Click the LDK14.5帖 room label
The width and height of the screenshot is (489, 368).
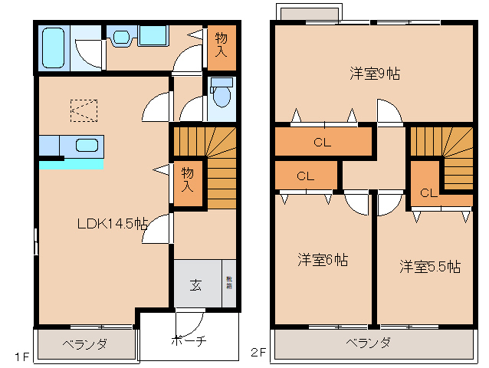(x=112, y=224)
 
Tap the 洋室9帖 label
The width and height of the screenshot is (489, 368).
(x=375, y=74)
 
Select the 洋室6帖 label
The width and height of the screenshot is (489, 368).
(x=323, y=259)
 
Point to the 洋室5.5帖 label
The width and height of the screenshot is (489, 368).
(x=429, y=267)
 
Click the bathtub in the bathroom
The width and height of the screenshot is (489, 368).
(x=54, y=48)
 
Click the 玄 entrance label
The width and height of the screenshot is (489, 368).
(x=195, y=285)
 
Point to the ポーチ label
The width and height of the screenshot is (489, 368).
(x=188, y=343)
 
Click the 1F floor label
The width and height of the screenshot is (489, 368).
(x=21, y=356)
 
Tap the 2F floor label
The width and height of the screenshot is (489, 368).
(x=259, y=353)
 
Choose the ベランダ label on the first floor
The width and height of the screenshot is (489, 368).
(x=84, y=344)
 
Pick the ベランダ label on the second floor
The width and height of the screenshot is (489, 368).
(x=368, y=343)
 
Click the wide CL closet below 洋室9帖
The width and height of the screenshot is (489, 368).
(x=322, y=142)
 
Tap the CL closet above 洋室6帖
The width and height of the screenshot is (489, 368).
(x=305, y=176)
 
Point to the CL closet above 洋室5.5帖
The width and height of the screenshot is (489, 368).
(x=428, y=192)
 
